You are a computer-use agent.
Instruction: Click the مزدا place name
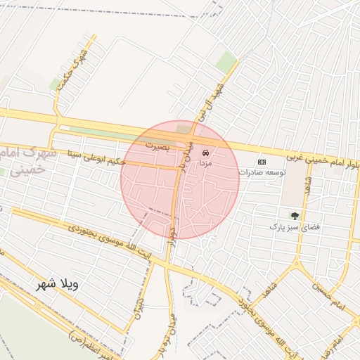click(x=205, y=162)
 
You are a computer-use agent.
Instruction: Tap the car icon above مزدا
click(x=205, y=152)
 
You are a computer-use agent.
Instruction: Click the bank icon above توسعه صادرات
click(x=262, y=161)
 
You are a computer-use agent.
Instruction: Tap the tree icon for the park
click(x=295, y=216)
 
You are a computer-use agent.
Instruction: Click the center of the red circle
click(x=180, y=180)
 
